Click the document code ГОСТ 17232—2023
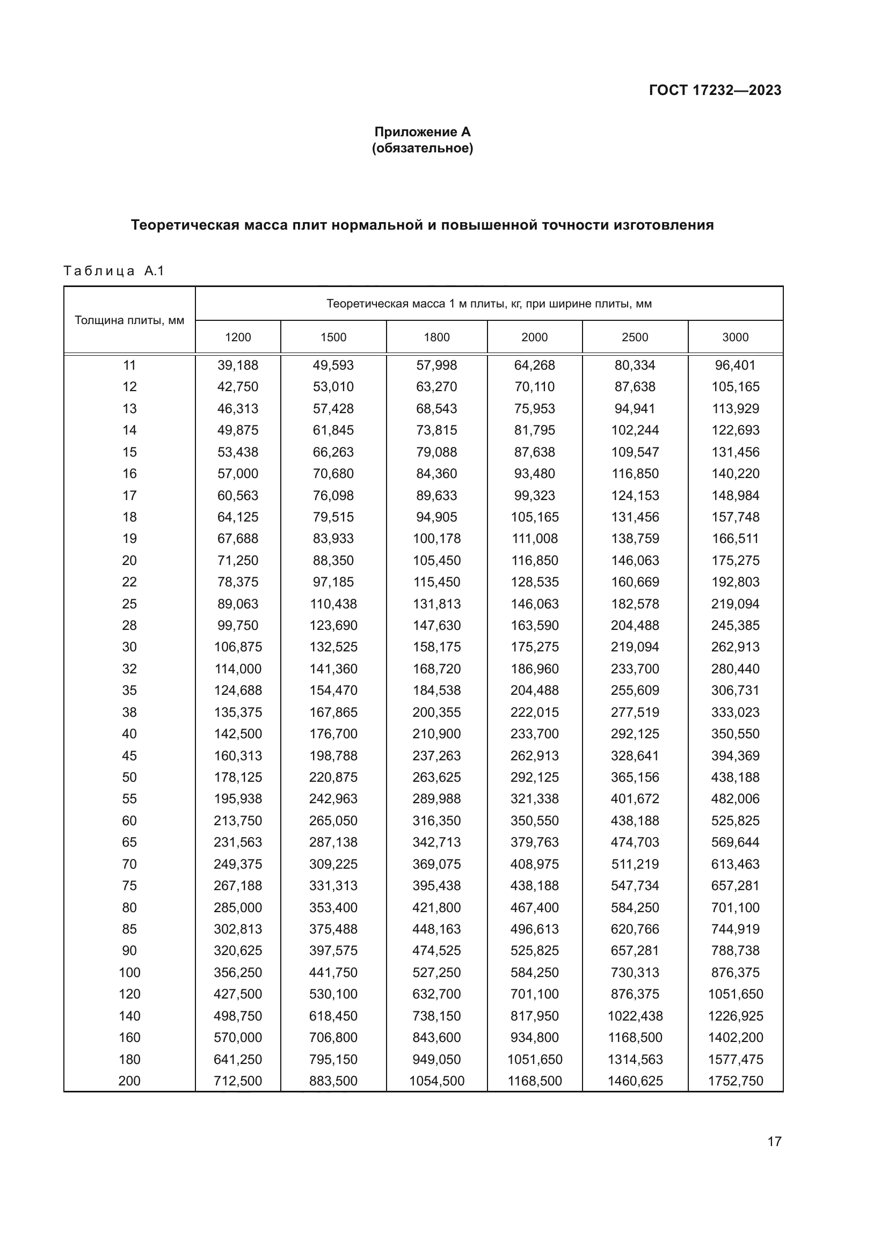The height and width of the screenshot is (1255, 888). [715, 90]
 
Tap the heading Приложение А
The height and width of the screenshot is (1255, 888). [422, 132]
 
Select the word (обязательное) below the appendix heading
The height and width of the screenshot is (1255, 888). [422, 148]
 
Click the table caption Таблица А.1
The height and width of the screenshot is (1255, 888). [114, 271]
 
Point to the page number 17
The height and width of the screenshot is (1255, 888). [774, 1141]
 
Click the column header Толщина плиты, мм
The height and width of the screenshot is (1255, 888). [129, 320]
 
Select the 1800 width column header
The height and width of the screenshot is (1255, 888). [436, 337]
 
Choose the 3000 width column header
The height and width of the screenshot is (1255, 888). [735, 337]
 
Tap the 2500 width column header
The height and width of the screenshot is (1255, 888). [635, 337]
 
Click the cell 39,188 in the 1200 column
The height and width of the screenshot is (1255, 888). [238, 365]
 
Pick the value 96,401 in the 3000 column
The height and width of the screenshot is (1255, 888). [735, 365]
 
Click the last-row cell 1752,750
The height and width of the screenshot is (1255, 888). [735, 1081]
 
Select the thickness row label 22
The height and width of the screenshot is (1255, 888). [129, 582]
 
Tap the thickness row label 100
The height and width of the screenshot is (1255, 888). [129, 972]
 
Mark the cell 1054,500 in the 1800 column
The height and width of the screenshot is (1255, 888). [436, 1081]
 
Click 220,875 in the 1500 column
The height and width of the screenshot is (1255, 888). [333, 777]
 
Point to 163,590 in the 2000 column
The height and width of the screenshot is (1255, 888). [534, 625]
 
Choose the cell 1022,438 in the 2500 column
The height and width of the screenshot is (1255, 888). [635, 1016]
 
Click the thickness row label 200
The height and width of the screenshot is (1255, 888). [129, 1081]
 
